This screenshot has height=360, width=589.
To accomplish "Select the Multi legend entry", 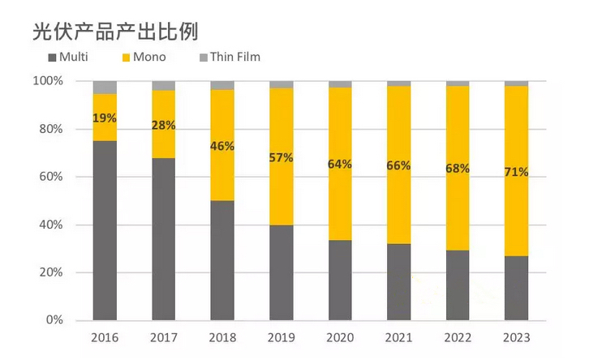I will (x=68, y=57).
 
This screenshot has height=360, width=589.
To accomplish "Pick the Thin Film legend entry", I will (x=229, y=57).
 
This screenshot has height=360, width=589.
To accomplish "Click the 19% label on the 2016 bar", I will (x=105, y=118).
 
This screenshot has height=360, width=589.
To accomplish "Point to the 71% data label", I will (x=516, y=172).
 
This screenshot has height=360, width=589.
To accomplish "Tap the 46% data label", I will (x=222, y=146).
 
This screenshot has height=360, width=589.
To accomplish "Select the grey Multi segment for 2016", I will (x=105, y=230).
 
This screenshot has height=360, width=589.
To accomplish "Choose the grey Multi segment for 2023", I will (x=516, y=288).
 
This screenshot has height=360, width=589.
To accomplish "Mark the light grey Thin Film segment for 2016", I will (x=105, y=88).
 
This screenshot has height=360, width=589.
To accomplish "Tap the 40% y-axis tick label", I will (x=51, y=225).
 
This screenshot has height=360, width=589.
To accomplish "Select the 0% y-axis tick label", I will (x=54, y=320).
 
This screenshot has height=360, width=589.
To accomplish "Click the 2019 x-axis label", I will (x=281, y=337).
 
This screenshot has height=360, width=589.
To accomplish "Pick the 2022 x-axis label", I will (x=458, y=337).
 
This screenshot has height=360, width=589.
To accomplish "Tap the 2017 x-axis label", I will (x=163, y=337).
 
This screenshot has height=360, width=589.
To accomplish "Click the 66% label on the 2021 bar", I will (x=398, y=165).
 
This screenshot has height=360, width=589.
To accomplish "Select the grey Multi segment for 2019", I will (x=281, y=272).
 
